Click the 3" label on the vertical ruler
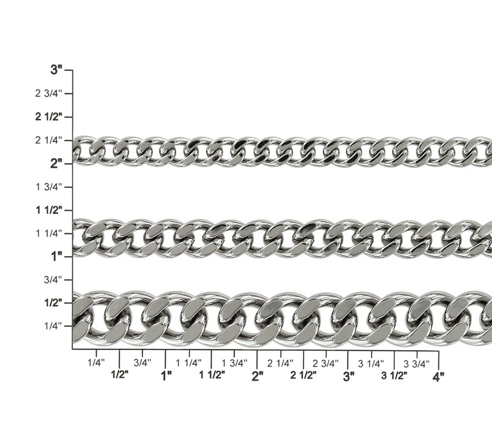57,70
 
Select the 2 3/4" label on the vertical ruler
49,93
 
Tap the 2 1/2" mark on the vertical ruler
49,117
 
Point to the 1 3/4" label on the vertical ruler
49,187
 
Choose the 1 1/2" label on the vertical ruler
49,210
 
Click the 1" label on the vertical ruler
57,256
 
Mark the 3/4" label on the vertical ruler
52,279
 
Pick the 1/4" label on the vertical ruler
52,325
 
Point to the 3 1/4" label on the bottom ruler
371,363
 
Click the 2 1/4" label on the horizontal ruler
280,363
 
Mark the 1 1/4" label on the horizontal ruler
188,363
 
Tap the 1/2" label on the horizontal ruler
120,375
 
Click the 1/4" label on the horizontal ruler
96,363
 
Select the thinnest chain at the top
278,152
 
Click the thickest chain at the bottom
278,317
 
